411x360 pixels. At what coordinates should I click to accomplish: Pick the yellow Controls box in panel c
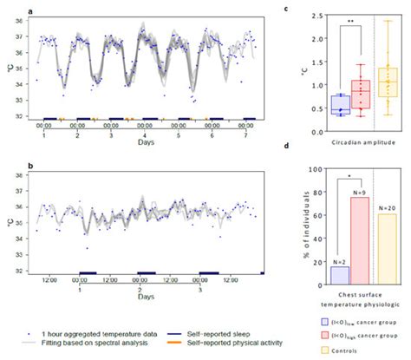pyautogui.click(x=387, y=87)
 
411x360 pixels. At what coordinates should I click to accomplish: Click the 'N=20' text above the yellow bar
pyautogui.click(x=387, y=207)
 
